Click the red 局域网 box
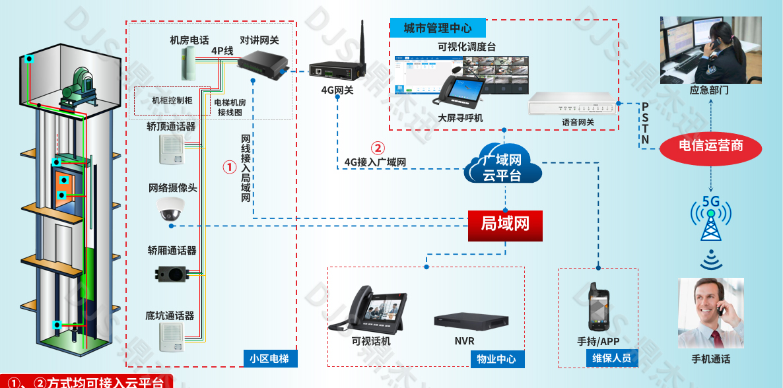click(505, 225)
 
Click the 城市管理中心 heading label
click(438, 28)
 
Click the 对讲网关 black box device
click(263, 64)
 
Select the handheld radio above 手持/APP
click(598, 308)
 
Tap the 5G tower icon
click(710, 222)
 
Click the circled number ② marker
click(377, 148)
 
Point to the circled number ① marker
click(228, 168)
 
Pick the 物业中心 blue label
click(496, 359)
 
